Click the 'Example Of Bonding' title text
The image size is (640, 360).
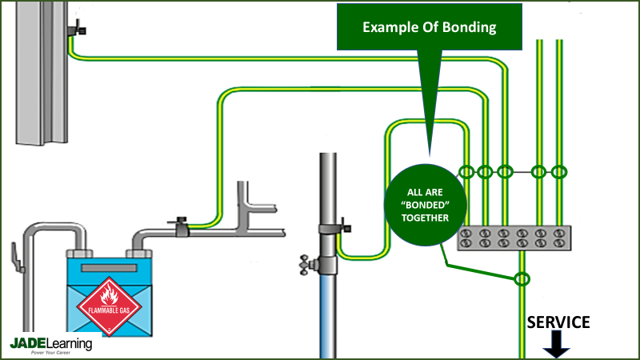(430, 27)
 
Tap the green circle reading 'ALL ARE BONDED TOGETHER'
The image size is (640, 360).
(426, 206)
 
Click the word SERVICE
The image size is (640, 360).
(558, 322)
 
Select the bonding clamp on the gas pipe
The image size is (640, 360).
(180, 227)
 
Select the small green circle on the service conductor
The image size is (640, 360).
(522, 279)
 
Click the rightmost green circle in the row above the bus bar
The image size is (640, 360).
(559, 172)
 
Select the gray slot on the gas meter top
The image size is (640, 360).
(108, 267)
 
